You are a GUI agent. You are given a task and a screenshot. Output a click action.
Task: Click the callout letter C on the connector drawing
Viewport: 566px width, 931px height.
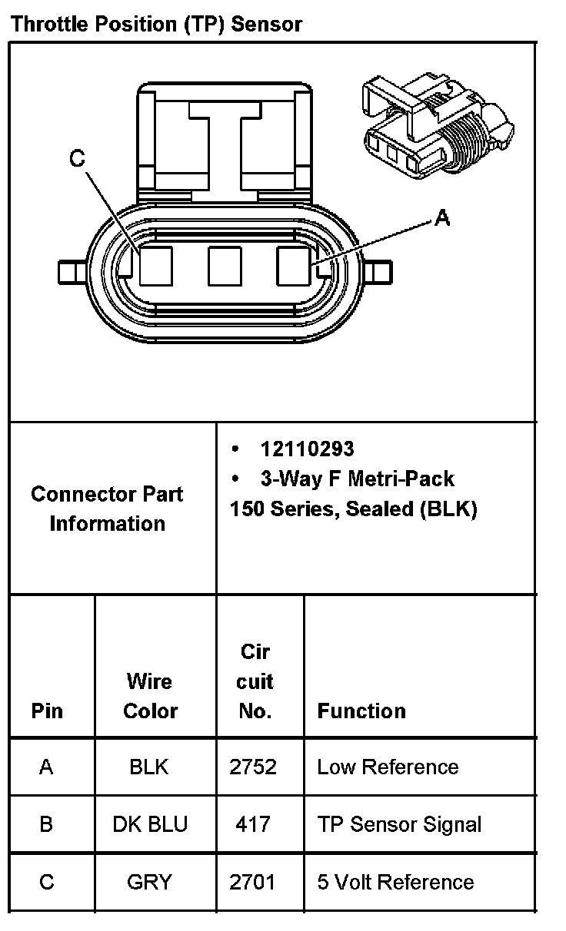(x=77, y=159)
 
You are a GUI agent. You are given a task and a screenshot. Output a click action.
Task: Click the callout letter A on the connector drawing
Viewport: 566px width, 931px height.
(x=441, y=219)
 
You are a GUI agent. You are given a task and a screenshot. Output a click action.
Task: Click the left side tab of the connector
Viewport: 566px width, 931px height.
(x=71, y=272)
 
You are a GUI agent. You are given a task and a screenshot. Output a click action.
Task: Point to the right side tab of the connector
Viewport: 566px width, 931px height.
(x=379, y=272)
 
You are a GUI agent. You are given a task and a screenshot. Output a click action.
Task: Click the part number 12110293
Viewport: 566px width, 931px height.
(x=307, y=449)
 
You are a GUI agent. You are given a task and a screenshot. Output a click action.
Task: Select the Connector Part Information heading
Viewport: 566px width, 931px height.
(x=107, y=509)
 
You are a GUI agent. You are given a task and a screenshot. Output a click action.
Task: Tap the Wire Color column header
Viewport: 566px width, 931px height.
(x=150, y=695)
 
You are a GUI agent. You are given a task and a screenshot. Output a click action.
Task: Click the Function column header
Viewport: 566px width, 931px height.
(x=361, y=711)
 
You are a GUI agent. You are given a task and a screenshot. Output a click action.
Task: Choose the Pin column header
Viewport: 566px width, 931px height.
(x=47, y=711)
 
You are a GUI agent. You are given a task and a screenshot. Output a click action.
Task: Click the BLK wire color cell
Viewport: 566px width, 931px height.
(x=149, y=767)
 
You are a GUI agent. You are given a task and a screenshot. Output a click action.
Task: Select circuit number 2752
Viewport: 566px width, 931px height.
(x=253, y=767)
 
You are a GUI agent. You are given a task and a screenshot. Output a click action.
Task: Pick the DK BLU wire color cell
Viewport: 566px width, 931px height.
(x=150, y=824)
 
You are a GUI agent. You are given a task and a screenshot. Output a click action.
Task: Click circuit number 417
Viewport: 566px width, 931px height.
(x=253, y=824)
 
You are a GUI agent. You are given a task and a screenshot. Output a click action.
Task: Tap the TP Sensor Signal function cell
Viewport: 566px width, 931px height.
(x=399, y=824)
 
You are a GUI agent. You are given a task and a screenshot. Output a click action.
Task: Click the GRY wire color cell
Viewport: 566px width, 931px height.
(x=149, y=882)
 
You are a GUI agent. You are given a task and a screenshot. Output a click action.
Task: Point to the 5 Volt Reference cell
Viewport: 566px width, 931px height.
(x=395, y=882)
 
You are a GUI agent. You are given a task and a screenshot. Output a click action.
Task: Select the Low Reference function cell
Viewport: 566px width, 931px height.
(x=388, y=767)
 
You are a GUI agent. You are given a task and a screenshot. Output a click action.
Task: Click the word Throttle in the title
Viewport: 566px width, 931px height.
(x=49, y=24)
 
